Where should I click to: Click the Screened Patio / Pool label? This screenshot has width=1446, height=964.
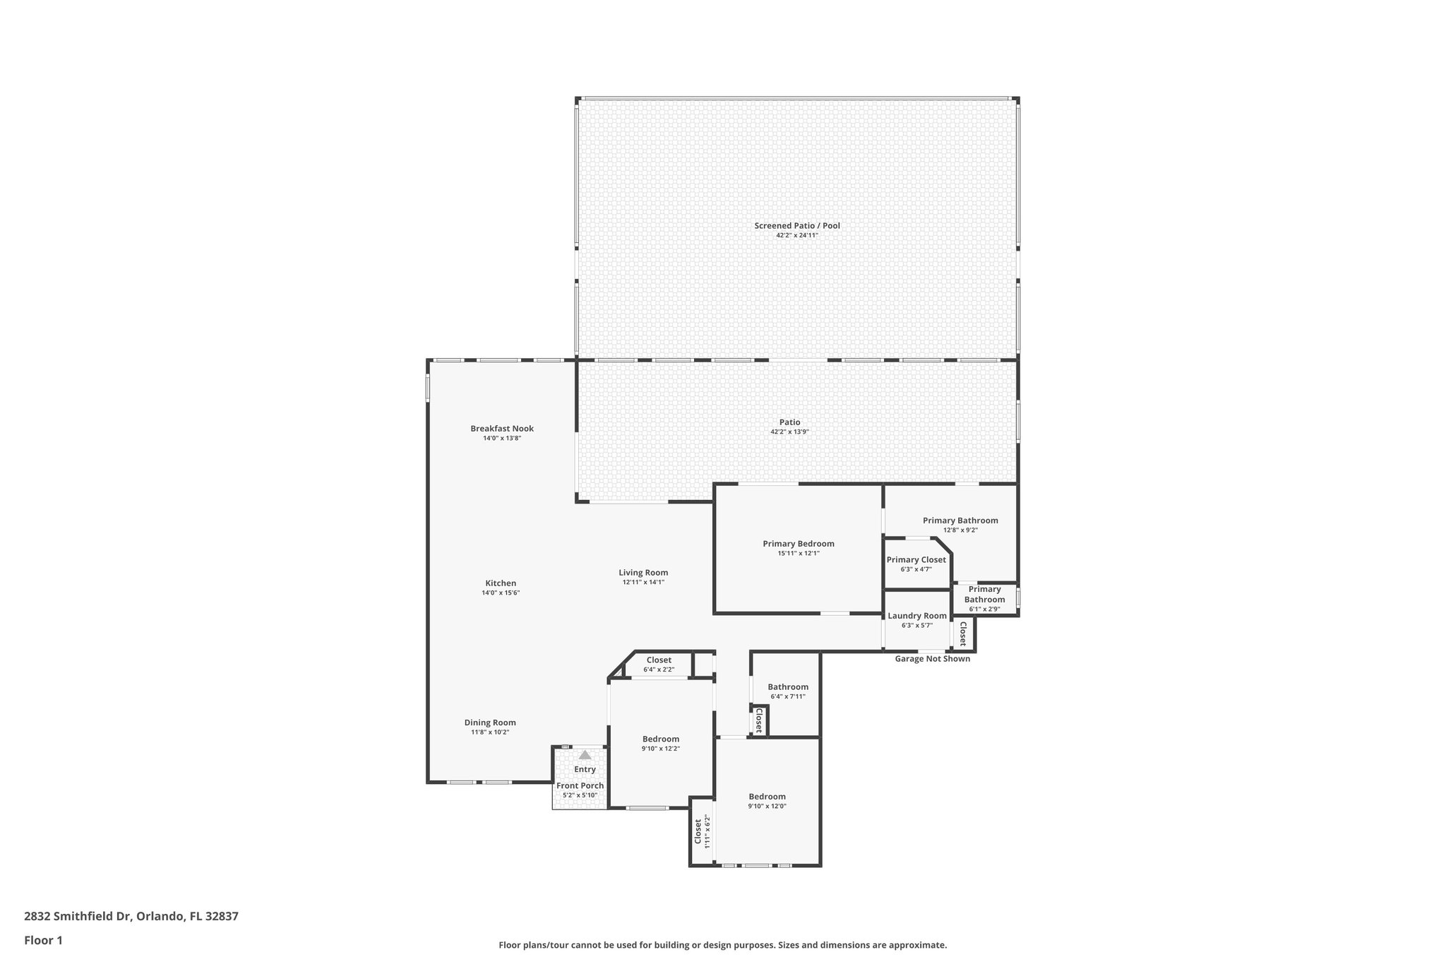796,226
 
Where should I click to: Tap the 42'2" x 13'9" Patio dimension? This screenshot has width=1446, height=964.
789,432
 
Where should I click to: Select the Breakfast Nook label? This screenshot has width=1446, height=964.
502,429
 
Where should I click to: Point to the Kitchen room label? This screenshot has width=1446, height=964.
501,583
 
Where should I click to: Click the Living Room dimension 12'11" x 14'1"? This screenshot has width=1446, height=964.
643,583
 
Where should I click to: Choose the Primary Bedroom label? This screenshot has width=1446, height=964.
798,544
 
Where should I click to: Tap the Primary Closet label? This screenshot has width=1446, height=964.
916,560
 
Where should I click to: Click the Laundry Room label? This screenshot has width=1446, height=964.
916,616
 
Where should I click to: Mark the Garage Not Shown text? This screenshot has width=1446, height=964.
932,659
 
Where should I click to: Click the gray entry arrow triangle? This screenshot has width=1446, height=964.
585,755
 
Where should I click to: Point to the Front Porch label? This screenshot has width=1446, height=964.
580,786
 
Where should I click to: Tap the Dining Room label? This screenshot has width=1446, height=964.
490,722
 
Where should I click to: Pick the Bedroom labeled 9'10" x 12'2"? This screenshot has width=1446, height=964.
660,739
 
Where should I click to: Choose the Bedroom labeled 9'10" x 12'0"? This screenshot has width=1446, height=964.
767,797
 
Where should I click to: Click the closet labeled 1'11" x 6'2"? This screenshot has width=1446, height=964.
701,831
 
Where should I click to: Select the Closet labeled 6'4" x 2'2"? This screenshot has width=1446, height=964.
659,660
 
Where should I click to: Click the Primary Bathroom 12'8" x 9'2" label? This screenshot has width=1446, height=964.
960,520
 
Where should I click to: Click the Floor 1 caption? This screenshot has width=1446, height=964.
44,940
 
